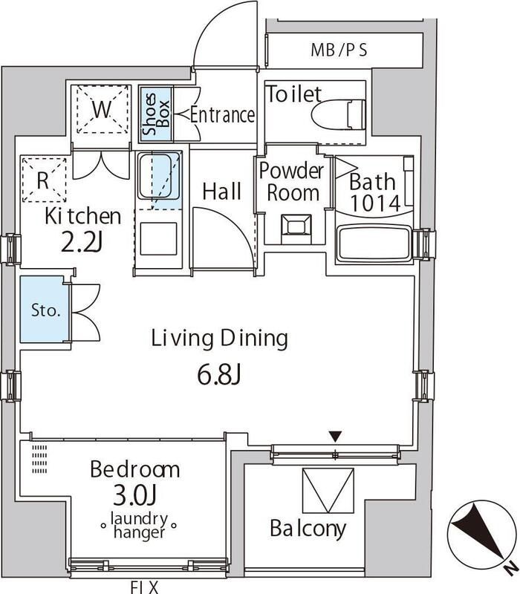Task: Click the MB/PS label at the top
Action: (339, 50)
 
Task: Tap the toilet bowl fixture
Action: (339, 115)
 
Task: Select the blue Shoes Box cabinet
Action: (156, 114)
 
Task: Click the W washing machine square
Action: (103, 109)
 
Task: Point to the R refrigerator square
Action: (44, 180)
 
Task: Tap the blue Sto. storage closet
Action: (45, 310)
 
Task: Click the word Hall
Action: (222, 192)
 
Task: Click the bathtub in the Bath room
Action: (374, 244)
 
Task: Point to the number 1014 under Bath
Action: (375, 203)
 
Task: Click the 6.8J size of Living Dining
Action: (219, 375)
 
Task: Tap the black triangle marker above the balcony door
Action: (336, 437)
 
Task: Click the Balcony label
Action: (308, 529)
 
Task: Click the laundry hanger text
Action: (140, 525)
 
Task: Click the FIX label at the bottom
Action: (144, 587)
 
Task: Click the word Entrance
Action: (222, 114)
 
